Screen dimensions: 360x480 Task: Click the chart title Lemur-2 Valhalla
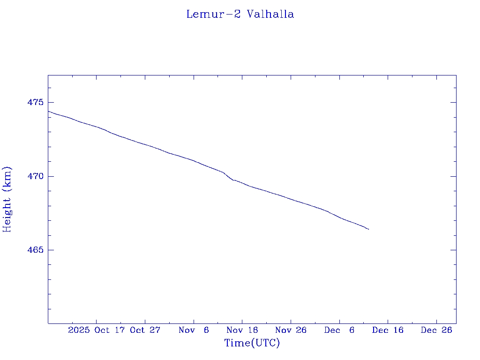[x=240, y=15]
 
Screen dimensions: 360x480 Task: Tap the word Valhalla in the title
[x=270, y=15]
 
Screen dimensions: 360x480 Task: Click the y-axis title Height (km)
[x=7, y=199]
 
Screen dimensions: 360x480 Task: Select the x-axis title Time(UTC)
[x=252, y=343]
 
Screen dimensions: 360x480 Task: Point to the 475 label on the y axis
[x=35, y=102]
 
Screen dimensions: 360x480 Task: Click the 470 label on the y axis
[x=35, y=176]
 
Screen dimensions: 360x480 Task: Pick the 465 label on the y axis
[x=35, y=250]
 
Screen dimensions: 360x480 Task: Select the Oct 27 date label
[x=145, y=330]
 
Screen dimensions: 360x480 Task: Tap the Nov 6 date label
[x=194, y=330]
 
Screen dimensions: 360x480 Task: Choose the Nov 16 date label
[x=242, y=330]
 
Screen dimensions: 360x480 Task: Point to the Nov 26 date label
[x=291, y=330]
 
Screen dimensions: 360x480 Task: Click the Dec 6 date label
[x=339, y=330]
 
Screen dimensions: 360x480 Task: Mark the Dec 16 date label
[x=388, y=330]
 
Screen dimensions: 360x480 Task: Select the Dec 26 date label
[x=436, y=330]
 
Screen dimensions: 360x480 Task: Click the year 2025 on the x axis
[x=79, y=330]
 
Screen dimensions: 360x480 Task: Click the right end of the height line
[x=369, y=229]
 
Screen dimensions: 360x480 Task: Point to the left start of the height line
[x=48, y=111]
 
